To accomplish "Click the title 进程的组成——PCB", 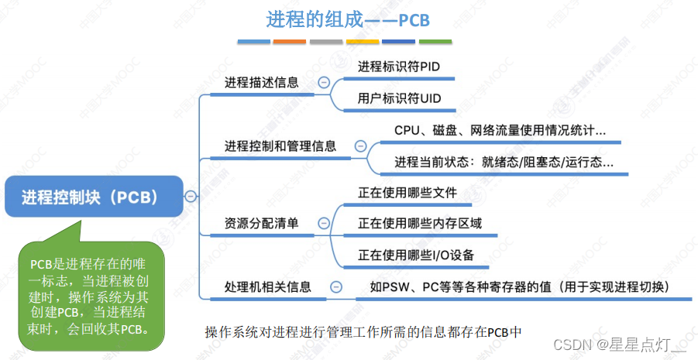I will click(348, 19).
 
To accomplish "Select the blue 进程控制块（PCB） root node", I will click(91, 197).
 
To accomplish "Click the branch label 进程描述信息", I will click(261, 82).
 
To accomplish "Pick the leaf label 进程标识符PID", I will click(399, 67).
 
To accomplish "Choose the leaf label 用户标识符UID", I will click(399, 98).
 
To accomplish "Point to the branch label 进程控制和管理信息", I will click(280, 146).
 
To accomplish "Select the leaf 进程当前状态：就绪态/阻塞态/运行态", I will click(504, 163).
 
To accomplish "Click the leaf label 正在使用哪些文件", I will click(407, 192).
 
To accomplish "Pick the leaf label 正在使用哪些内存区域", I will click(420, 223).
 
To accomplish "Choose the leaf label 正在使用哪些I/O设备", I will click(416, 255).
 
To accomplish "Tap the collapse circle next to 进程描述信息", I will click(324, 82).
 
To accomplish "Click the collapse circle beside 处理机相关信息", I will click(335, 287).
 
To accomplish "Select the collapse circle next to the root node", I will click(191, 197).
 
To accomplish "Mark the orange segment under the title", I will click(290, 41).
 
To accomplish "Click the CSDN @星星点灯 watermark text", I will click(620, 343).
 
